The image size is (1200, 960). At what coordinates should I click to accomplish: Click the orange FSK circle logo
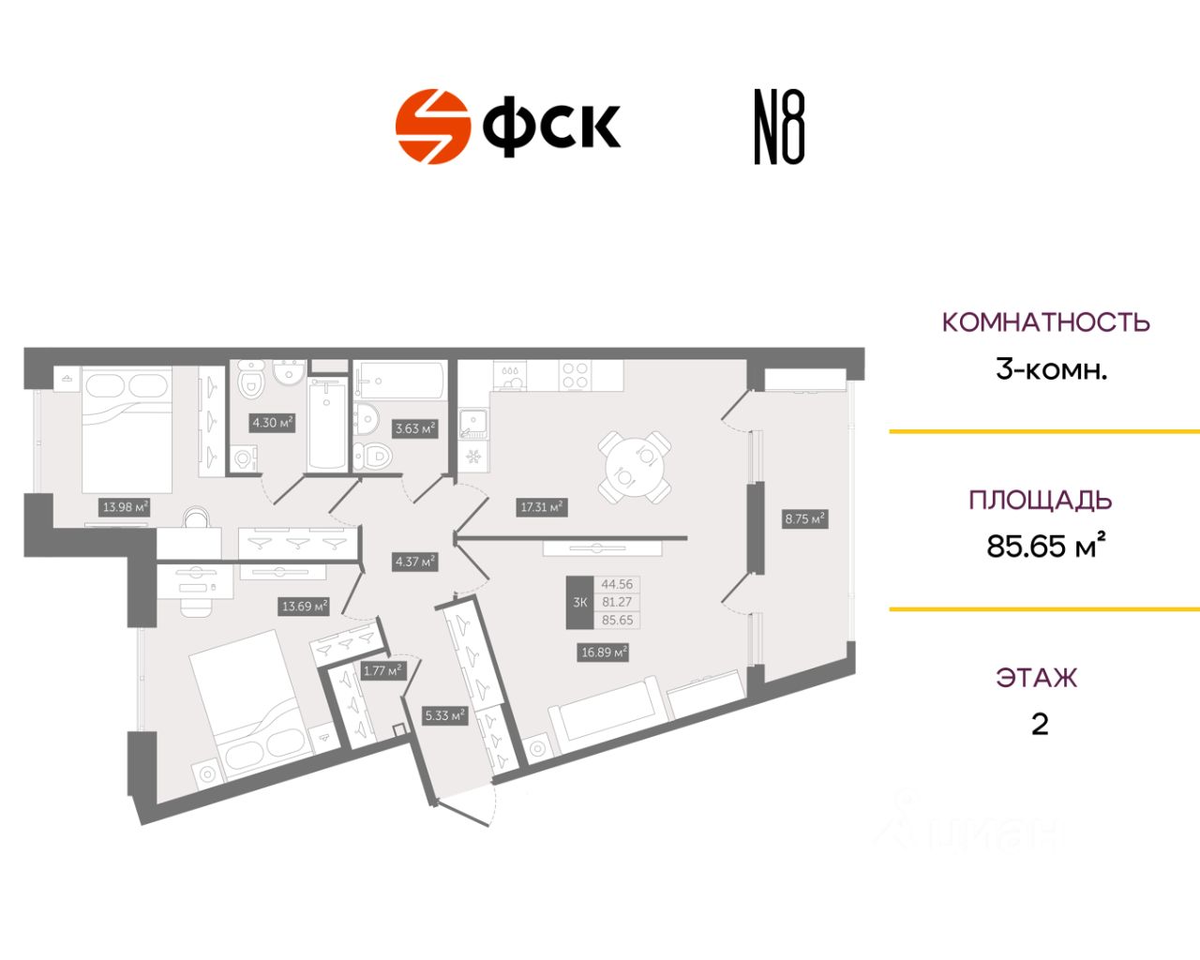[432, 127]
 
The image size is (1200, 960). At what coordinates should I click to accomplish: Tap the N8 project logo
[779, 127]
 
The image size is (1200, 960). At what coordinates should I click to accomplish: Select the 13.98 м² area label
[126, 507]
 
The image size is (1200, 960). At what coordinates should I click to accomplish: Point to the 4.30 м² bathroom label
[272, 423]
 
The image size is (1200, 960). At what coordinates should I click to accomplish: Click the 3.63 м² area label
[415, 428]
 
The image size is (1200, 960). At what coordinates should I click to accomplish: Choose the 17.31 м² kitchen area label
[542, 507]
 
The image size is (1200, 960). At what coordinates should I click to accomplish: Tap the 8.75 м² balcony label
[804, 517]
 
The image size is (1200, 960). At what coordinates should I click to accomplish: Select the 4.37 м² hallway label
[415, 562]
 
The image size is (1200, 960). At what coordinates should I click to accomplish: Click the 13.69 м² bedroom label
[305, 607]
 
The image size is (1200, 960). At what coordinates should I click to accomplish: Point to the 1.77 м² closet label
[382, 670]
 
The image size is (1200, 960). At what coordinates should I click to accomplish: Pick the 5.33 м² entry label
[445, 715]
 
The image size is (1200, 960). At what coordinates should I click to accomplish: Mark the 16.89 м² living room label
[604, 652]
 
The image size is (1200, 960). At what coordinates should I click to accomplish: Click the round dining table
[635, 466]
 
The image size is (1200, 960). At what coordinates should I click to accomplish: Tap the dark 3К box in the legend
[579, 602]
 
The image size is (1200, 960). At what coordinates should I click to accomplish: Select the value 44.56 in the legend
[617, 584]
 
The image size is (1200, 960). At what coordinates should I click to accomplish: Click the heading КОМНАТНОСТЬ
[1045, 322]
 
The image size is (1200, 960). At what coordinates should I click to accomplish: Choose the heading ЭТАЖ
[1036, 678]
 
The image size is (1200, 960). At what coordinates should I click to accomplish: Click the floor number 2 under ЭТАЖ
[1039, 725]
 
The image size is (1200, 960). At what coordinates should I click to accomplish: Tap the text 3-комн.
[1051, 369]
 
